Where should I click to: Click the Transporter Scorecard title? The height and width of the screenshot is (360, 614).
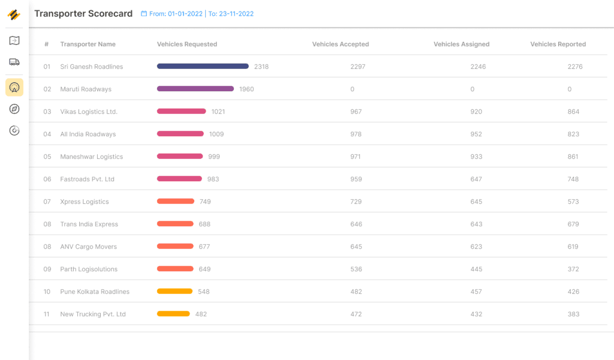(x=83, y=14)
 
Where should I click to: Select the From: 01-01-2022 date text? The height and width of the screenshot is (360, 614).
(x=176, y=14)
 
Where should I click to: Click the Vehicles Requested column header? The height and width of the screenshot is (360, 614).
(x=187, y=44)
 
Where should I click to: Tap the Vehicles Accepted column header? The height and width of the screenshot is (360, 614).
(x=341, y=44)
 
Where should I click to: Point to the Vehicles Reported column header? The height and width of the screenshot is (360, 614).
(x=558, y=44)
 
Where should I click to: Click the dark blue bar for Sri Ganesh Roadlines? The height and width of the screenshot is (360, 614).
(x=203, y=66)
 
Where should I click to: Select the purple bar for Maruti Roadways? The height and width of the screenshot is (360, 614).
(x=195, y=89)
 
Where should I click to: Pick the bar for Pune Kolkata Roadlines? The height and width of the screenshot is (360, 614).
(x=174, y=291)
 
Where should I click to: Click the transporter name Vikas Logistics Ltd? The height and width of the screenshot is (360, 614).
(x=89, y=112)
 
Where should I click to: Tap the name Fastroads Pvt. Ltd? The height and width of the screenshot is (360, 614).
(x=88, y=179)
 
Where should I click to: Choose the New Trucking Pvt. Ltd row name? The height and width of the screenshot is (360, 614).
(x=93, y=314)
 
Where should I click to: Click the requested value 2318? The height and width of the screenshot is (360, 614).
(x=261, y=67)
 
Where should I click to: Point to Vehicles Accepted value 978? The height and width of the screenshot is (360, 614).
(x=356, y=134)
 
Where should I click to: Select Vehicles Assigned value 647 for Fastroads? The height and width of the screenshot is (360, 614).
(x=476, y=179)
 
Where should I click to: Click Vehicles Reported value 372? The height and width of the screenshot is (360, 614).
(x=573, y=269)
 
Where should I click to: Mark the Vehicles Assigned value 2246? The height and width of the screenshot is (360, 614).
(x=478, y=67)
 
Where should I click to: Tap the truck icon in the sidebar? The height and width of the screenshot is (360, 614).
(x=14, y=62)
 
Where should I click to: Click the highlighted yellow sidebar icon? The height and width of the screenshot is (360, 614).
(x=14, y=88)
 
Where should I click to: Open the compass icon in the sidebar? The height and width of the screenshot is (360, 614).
(x=14, y=109)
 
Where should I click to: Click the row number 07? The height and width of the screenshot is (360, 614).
(x=47, y=202)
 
